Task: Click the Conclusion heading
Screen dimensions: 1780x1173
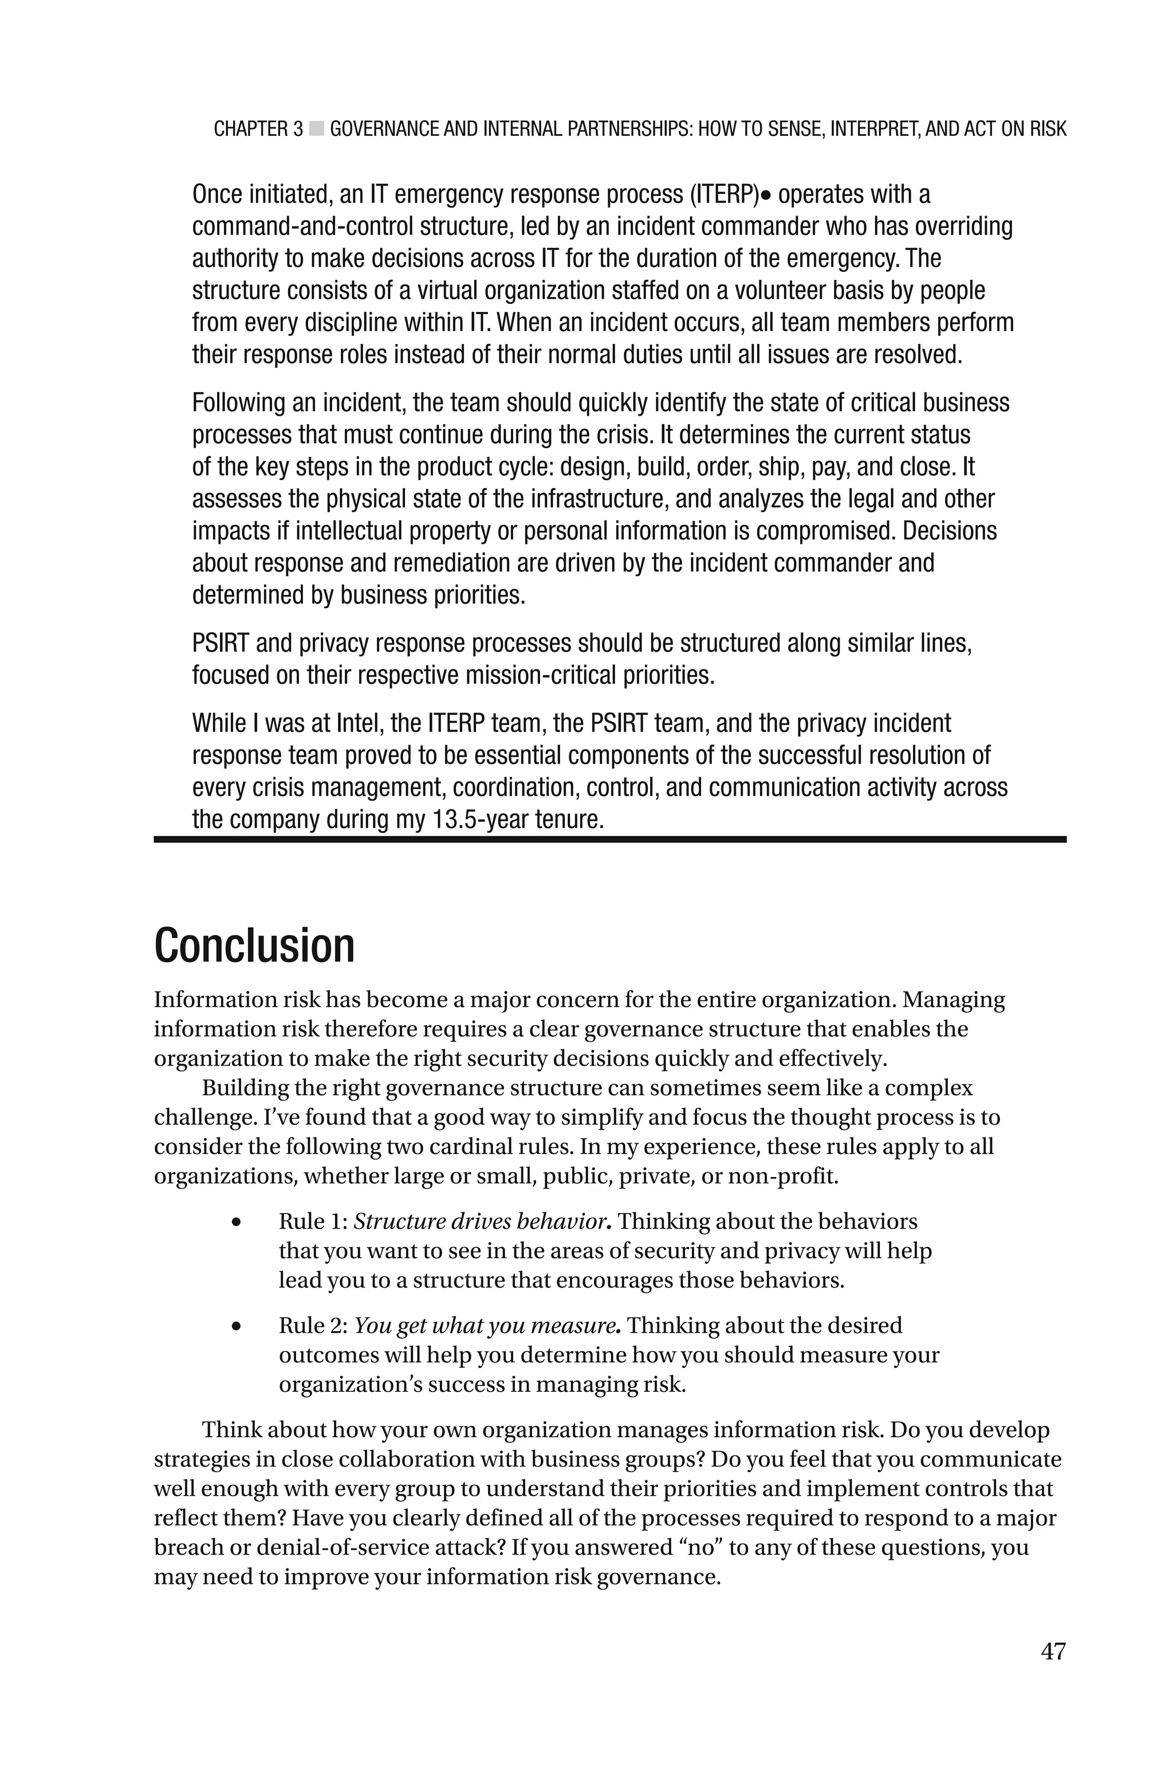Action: tap(254, 945)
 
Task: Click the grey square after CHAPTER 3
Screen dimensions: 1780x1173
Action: tap(316, 129)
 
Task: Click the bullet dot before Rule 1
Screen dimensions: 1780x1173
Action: tap(237, 1222)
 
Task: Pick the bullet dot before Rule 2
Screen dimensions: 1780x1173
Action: tap(237, 1327)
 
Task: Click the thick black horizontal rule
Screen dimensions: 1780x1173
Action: tap(609, 840)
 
